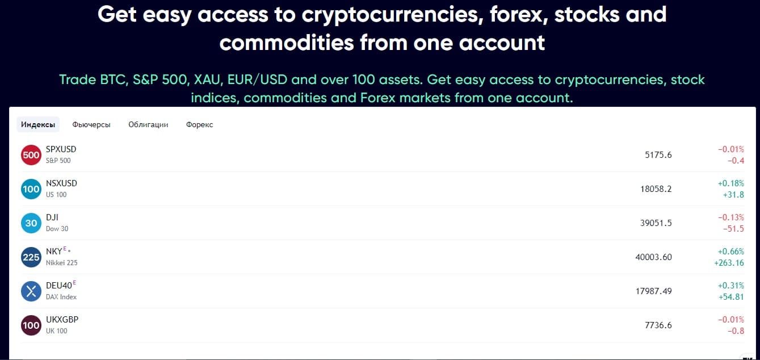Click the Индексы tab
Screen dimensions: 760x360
(38, 124)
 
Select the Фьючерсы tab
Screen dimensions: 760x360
(91, 124)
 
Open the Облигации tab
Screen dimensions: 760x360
(148, 124)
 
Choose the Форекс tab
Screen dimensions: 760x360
(199, 124)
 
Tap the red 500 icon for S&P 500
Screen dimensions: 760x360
(31, 155)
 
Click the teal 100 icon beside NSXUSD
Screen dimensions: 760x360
(31, 189)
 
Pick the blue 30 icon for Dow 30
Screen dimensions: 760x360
(31, 223)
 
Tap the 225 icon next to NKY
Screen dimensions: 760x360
(31, 257)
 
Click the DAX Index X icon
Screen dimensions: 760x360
(31, 291)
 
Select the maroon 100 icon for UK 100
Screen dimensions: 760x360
(31, 325)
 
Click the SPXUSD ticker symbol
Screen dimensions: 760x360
(61, 149)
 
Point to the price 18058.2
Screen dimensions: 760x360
(656, 189)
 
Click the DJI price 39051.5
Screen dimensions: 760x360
(656, 223)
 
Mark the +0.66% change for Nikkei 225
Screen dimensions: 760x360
(731, 252)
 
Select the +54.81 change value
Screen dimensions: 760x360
(731, 297)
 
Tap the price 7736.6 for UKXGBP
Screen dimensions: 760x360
(658, 325)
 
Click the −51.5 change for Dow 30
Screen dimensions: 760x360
(733, 229)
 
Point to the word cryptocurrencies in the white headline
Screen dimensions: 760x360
(392, 15)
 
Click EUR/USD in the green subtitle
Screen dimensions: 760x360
(257, 79)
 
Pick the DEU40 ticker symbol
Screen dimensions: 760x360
(59, 286)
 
